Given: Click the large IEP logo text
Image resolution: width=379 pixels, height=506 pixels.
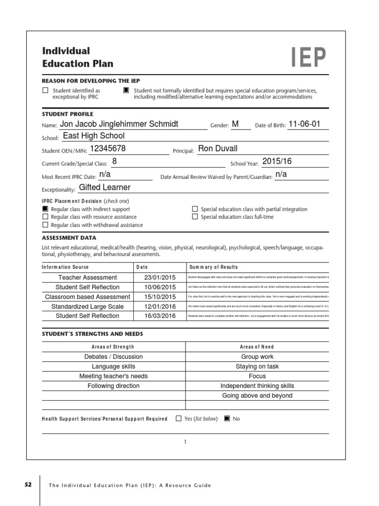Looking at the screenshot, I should [308, 58].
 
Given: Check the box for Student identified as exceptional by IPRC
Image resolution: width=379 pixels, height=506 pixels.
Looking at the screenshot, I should [45, 90].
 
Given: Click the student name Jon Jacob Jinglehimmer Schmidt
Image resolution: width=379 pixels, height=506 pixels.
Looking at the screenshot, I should [119, 124].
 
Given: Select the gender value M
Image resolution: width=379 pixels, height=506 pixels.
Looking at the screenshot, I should [235, 124].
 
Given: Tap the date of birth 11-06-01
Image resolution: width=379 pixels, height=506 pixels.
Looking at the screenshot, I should [304, 124].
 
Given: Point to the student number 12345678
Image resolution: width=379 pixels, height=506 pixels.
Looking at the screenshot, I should [108, 149].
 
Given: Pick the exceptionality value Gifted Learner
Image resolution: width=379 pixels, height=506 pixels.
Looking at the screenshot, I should [105, 187].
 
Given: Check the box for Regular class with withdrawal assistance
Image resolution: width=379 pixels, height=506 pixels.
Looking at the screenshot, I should [45, 225].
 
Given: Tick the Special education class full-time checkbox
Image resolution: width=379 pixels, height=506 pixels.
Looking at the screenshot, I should [195, 217].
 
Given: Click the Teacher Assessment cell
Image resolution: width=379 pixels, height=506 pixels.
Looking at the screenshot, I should [88, 278].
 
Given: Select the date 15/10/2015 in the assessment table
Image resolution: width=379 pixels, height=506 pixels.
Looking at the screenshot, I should [160, 297].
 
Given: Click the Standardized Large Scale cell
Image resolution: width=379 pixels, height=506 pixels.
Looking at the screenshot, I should [88, 306].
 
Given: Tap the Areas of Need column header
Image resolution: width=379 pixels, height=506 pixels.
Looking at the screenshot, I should [257, 347].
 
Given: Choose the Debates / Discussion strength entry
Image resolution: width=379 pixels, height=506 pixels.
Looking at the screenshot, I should [114, 357].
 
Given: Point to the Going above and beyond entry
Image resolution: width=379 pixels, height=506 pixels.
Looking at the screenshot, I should [257, 395].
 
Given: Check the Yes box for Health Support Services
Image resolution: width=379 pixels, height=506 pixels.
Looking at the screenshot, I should [179, 419].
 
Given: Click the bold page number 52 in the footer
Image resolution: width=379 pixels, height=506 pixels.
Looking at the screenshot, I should [28, 485].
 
